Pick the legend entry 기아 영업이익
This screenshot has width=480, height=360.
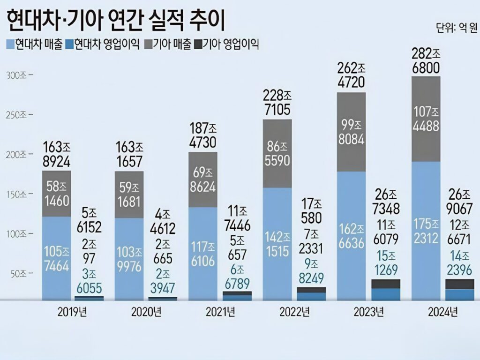point(227,45)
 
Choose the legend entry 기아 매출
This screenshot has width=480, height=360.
point(168,45)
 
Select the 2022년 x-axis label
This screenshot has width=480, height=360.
point(293,312)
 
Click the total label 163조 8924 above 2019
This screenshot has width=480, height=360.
point(56,154)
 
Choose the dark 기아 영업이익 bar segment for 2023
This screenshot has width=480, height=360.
point(386,284)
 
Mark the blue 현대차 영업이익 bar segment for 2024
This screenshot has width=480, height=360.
point(459,294)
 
